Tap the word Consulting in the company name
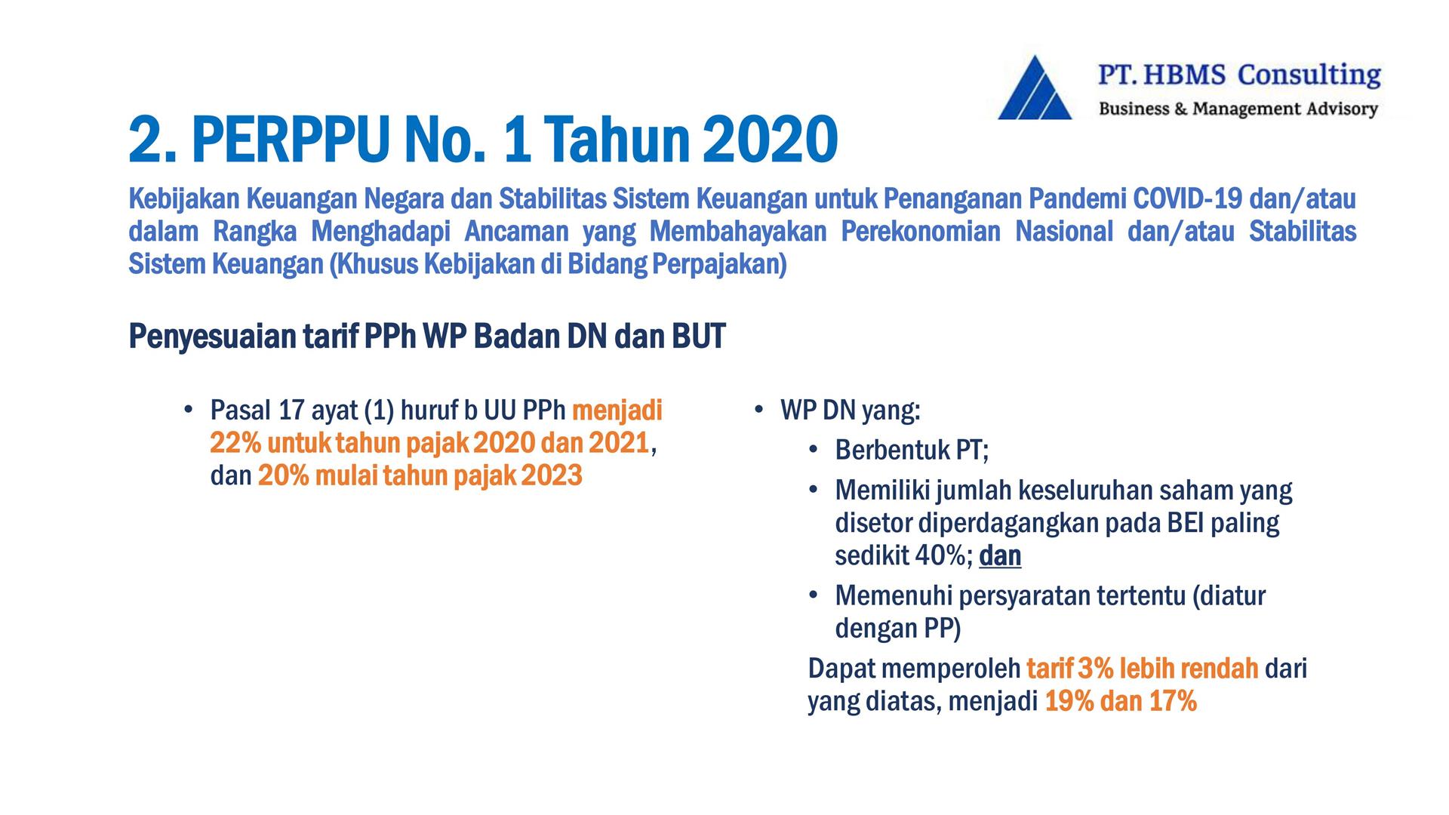point(1309,75)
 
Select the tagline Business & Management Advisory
point(1238,109)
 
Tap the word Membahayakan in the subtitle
point(737,231)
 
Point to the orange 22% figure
point(235,443)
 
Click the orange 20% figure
point(283,475)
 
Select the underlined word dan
point(1000,556)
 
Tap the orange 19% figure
point(1069,702)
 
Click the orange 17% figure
point(1173,702)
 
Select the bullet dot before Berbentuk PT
point(813,450)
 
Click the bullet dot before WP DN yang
point(758,410)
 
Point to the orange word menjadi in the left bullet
point(617,411)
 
